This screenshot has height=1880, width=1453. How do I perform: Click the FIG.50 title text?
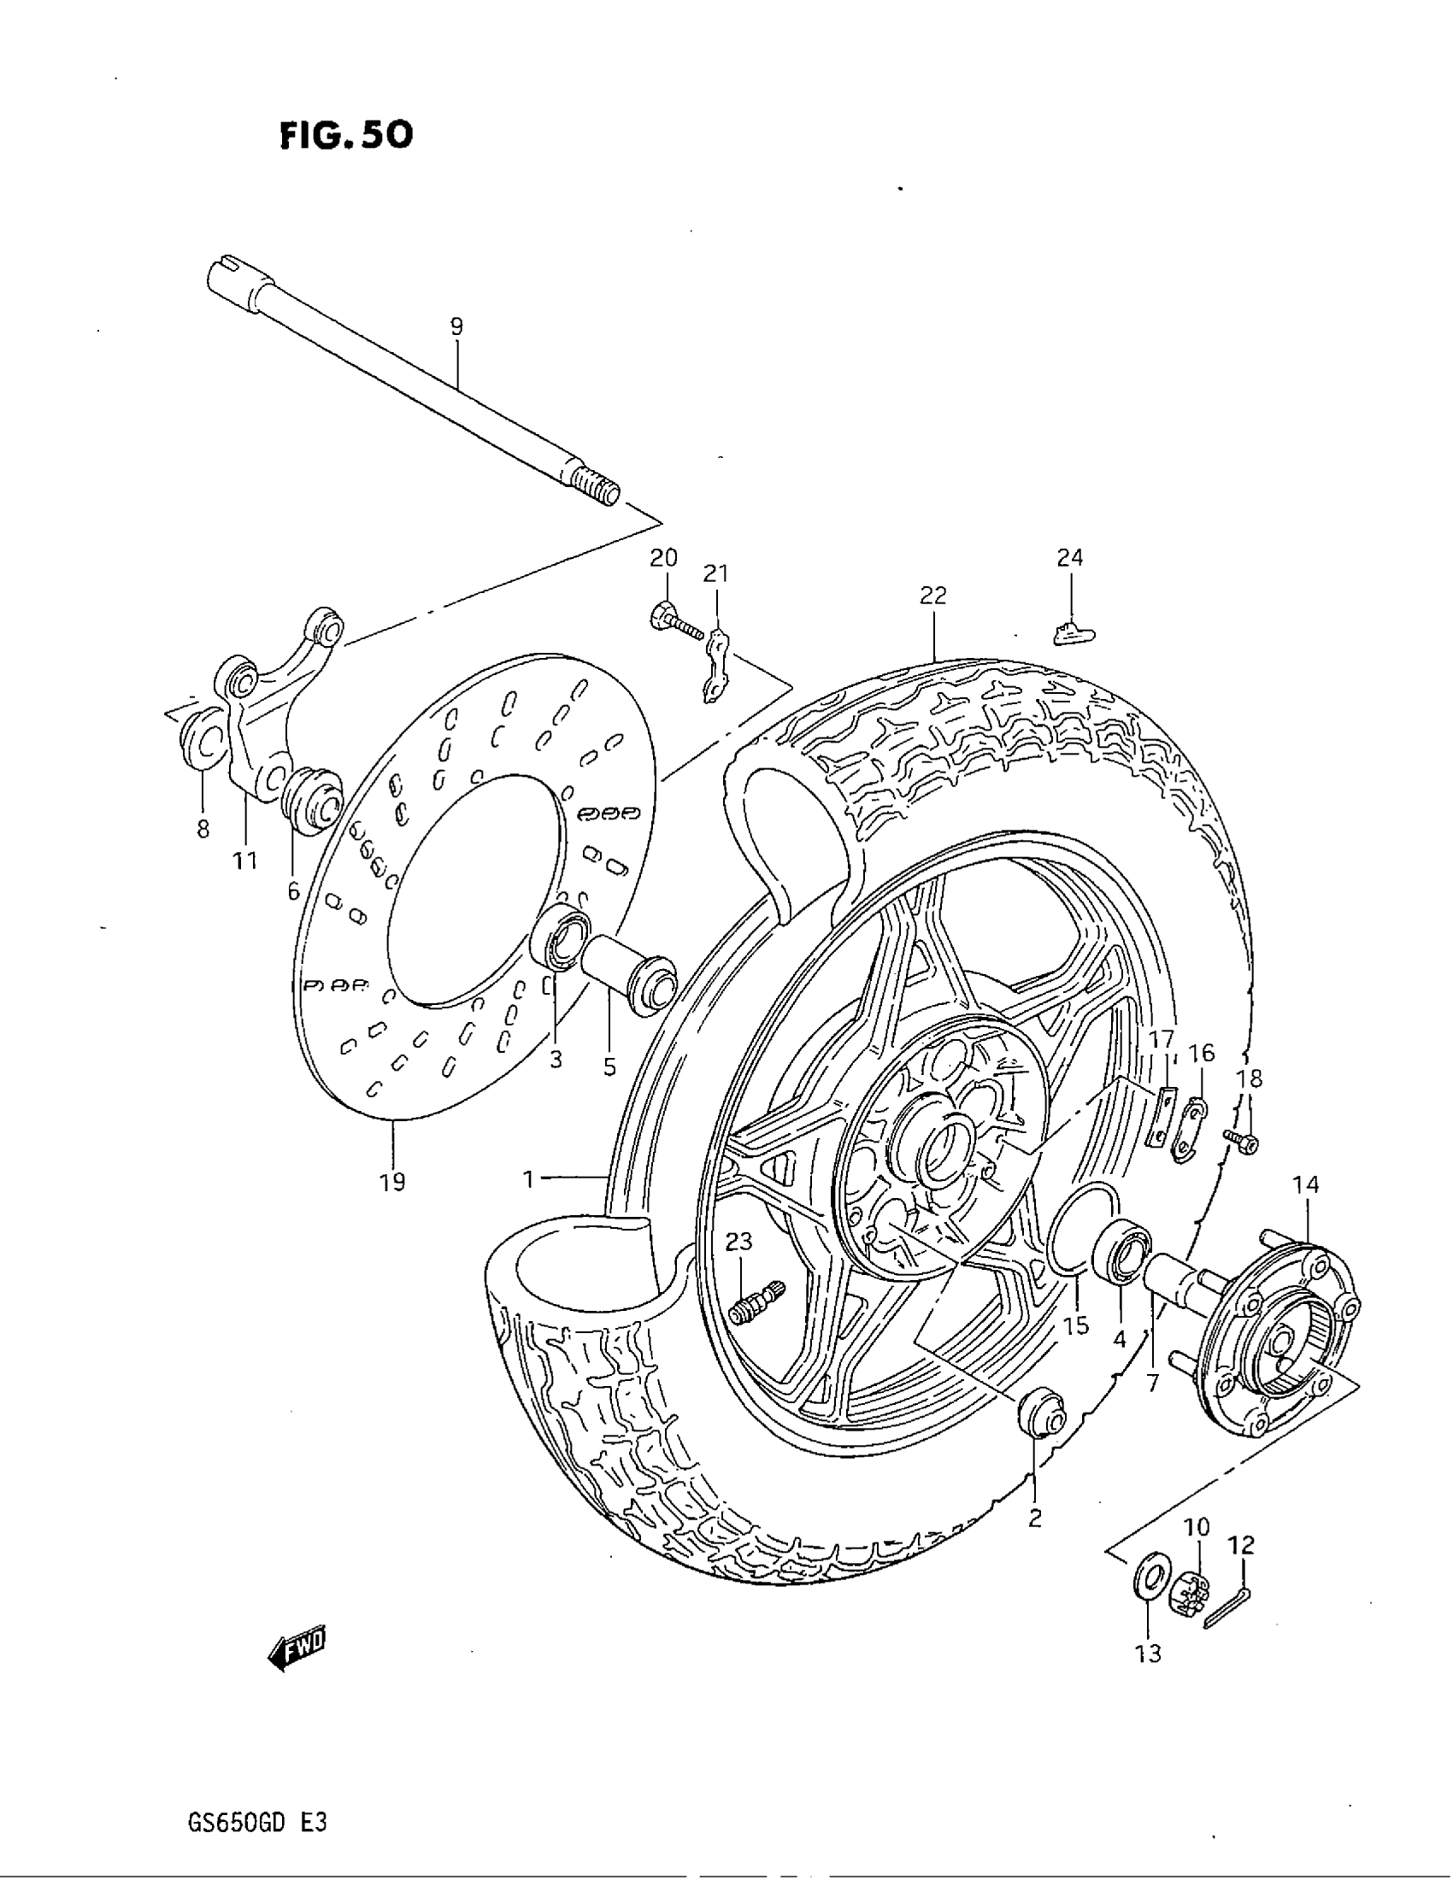346,135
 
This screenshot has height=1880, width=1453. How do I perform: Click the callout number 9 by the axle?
456,326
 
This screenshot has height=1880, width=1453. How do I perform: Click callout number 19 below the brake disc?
391,1182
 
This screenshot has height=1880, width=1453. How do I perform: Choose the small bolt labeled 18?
1242,1142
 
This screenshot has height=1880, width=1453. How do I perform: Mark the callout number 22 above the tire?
932,595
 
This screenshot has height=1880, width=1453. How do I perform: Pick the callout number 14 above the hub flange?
1305,1184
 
